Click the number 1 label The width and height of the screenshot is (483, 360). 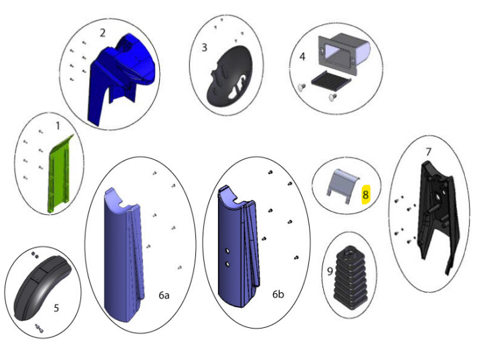point(58,126)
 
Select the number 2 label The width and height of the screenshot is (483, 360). point(102,33)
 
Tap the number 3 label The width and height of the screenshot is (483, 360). point(204,48)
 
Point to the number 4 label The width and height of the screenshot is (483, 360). point(302,56)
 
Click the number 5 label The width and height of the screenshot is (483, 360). point(56,308)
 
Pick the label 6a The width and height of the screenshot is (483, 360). point(164,295)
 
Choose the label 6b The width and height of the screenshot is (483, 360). point(278,294)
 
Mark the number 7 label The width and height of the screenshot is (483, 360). point(428,152)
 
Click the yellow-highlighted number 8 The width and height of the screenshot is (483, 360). point(366,195)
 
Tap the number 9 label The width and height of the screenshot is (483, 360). point(330,271)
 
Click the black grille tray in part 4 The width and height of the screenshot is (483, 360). point(331,81)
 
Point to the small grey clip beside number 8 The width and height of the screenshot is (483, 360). point(343,186)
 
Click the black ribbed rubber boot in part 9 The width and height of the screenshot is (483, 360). point(351,278)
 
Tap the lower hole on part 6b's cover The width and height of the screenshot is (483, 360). point(227,264)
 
